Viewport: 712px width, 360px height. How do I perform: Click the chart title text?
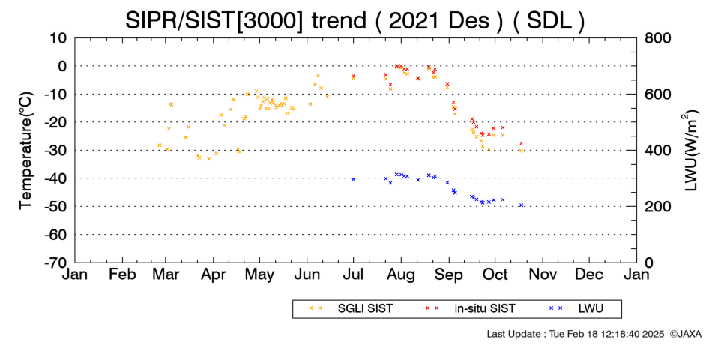355,20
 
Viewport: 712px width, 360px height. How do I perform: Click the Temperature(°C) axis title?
26,151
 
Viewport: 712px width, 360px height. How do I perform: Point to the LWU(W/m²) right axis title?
689,151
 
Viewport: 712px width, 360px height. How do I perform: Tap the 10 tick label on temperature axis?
58,37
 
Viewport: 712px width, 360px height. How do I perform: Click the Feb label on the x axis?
123,274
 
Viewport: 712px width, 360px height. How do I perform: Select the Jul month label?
353,274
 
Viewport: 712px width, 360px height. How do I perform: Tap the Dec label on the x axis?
589,274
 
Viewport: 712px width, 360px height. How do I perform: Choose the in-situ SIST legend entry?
471,309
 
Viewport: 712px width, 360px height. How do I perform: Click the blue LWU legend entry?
576,309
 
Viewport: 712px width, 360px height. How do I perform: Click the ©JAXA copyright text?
685,334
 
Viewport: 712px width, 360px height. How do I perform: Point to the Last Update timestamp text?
576,334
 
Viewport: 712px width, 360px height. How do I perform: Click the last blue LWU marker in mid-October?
522,205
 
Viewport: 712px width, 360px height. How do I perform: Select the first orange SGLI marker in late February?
160,145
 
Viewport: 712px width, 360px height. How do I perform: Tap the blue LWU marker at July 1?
353,179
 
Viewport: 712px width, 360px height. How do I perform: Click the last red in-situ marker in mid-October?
522,144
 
